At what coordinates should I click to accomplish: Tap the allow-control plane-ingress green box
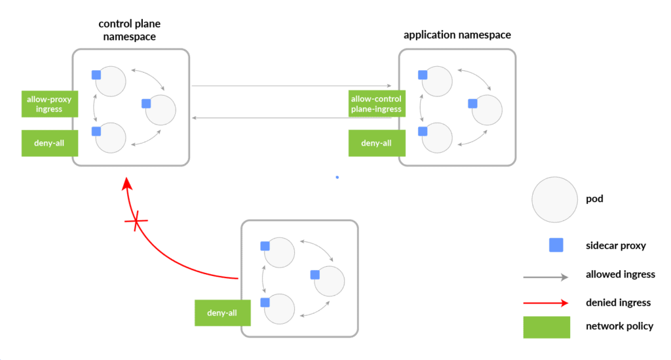pyautogui.click(x=376, y=104)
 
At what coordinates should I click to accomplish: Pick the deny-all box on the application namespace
pyautogui.click(x=376, y=143)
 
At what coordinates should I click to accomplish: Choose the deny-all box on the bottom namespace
pyautogui.click(x=222, y=313)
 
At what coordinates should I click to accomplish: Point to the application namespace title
pyautogui.click(x=457, y=35)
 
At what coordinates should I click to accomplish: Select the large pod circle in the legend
pyautogui.click(x=554, y=199)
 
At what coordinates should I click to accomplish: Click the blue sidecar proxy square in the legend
pyautogui.click(x=556, y=245)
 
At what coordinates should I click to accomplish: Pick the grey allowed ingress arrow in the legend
pyautogui.click(x=545, y=277)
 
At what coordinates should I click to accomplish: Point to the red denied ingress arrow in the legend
pyautogui.click(x=545, y=303)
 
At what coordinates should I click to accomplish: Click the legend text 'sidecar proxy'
pyautogui.click(x=616, y=246)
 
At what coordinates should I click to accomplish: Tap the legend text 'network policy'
pyautogui.click(x=619, y=326)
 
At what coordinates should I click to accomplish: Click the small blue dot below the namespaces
pyautogui.click(x=337, y=177)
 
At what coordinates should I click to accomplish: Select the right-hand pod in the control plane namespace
pyautogui.click(x=161, y=110)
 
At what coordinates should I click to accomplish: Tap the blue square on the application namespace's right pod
pyautogui.click(x=472, y=103)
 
